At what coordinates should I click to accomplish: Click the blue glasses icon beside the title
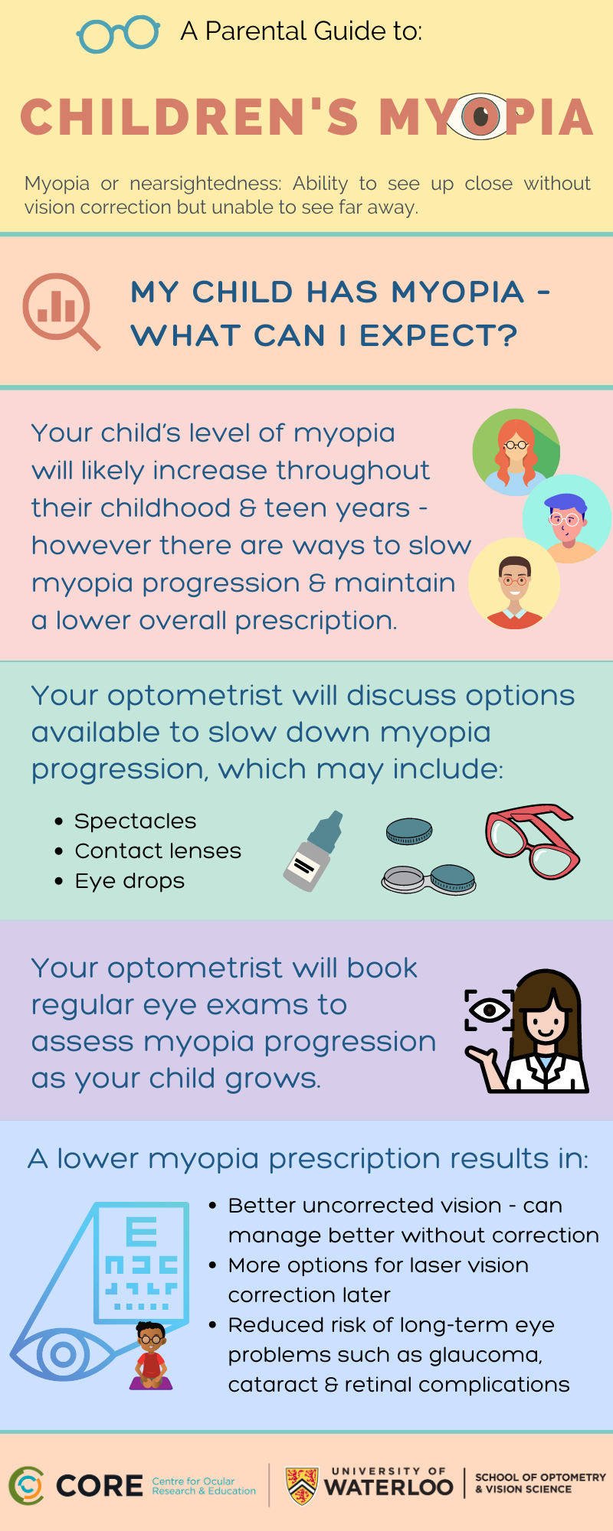tap(118, 34)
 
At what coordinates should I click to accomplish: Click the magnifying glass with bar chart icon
tap(61, 311)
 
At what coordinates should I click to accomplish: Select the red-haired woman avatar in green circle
tap(516, 452)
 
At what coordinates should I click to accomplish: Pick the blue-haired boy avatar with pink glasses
tap(566, 519)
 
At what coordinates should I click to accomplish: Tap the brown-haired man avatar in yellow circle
tap(514, 583)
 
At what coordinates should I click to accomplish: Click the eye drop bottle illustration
tap(313, 851)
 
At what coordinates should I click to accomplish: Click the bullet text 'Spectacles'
tap(136, 821)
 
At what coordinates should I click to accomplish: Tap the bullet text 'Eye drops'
tap(129, 881)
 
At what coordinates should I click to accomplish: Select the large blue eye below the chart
tap(63, 1355)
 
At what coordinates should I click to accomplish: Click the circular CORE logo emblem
tap(27, 1486)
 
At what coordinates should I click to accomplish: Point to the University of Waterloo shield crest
tap(302, 1486)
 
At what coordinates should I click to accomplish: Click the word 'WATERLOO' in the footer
tap(388, 1487)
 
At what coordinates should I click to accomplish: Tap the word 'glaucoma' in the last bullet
tap(485, 1356)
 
